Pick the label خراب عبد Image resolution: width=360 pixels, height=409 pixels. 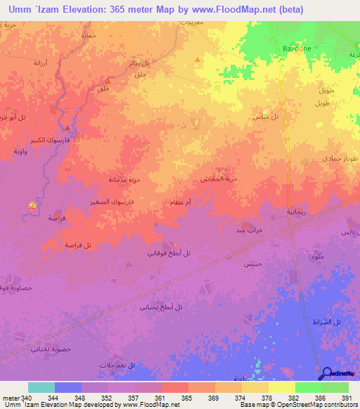point(250,230)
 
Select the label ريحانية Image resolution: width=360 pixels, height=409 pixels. point(297,211)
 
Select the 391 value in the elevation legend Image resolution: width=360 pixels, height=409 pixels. point(345,397)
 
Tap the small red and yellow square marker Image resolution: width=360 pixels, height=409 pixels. point(32,205)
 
